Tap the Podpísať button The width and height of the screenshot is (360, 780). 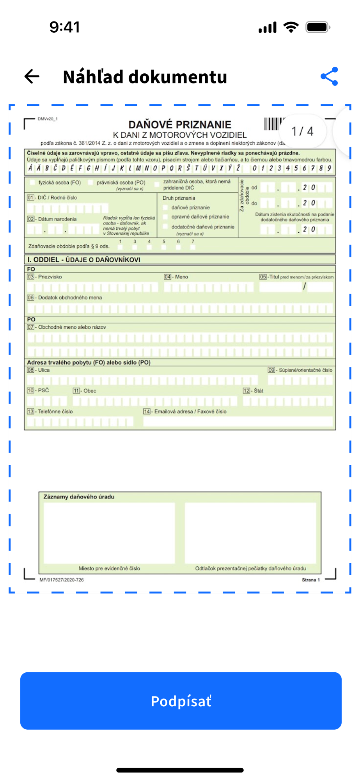tap(181, 700)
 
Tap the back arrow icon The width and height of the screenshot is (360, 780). tap(32, 76)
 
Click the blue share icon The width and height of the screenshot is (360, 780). tap(329, 76)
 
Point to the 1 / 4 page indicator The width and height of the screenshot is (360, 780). tap(302, 131)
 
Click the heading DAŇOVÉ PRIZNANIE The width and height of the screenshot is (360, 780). tap(180, 125)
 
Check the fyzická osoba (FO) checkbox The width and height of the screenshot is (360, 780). tap(33, 183)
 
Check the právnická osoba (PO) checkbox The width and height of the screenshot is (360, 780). tap(90, 183)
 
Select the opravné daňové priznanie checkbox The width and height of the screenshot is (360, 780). tap(165, 217)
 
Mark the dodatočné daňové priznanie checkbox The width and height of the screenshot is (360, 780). tap(165, 227)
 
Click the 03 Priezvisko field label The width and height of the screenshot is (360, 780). tap(45, 277)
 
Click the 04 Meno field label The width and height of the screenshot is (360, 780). tap(176, 277)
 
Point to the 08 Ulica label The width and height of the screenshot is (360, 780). tap(39, 370)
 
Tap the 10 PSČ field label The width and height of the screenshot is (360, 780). tap(38, 390)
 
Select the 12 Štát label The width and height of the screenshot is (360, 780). tap(253, 391)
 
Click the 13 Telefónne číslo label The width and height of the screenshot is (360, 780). tap(50, 411)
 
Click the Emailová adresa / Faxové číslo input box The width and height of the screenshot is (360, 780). tap(238, 422)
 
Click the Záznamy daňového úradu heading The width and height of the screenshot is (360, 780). tap(79, 497)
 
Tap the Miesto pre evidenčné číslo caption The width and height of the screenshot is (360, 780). tap(109, 568)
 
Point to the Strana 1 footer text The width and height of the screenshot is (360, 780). tap(310, 580)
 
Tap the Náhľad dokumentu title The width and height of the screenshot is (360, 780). tap(145, 77)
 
